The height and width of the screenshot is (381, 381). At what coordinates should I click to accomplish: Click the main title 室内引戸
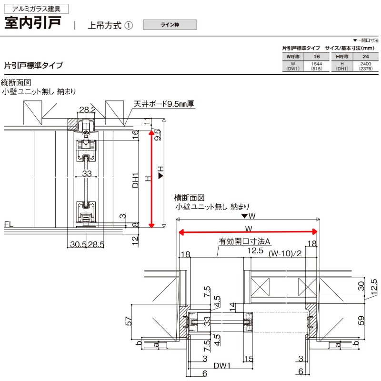[x=33, y=24]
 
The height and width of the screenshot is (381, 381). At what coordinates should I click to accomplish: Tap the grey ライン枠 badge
[x=170, y=24]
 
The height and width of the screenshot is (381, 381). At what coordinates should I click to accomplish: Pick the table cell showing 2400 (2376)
[x=365, y=66]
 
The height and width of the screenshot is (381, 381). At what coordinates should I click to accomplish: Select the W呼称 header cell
[x=293, y=56]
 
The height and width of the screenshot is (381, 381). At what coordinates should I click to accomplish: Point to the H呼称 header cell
[x=342, y=56]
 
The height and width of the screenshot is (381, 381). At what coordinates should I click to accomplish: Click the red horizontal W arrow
[x=248, y=232]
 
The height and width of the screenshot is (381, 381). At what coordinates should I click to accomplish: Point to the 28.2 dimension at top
[x=87, y=110]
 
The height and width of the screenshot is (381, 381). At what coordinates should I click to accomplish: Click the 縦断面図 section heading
[x=20, y=82]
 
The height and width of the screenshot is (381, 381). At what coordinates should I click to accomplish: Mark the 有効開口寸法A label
[x=244, y=241]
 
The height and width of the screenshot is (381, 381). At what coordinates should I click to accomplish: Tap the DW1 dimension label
[x=222, y=366]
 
